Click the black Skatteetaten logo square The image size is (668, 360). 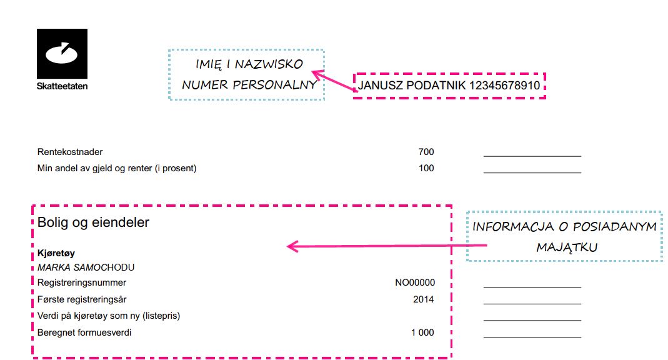click(62, 54)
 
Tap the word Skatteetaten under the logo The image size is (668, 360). click(62, 86)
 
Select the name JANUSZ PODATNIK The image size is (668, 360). click(412, 85)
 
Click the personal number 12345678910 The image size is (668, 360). click(504, 85)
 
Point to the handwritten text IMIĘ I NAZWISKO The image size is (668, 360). click(249, 64)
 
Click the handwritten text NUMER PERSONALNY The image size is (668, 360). click(249, 85)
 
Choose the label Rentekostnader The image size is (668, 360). click(70, 152)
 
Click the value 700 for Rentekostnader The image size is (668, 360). click(426, 152)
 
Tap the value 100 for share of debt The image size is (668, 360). click(426, 168)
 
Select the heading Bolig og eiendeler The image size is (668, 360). click(93, 222)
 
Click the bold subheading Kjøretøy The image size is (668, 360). click(56, 253)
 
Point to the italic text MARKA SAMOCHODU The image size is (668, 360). click(86, 267)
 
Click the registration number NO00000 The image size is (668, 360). click(415, 282)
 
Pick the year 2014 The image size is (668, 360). click(424, 299)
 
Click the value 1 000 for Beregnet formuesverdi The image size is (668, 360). click(422, 332)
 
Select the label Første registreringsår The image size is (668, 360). click(82, 299)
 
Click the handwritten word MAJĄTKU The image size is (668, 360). click(567, 247)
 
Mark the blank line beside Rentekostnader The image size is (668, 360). click(532, 156)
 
